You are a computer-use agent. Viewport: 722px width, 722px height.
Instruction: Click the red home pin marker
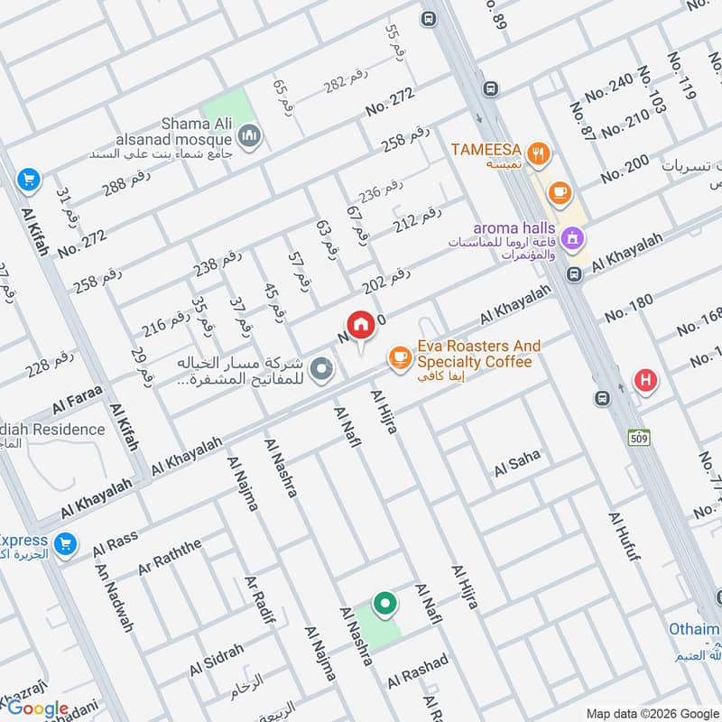[x=360, y=326]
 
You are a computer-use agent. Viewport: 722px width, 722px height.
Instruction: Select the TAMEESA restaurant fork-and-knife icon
[x=539, y=154]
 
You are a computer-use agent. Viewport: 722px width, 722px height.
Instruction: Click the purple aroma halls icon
[x=570, y=239]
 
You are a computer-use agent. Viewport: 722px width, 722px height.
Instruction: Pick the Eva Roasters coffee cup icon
[x=398, y=358]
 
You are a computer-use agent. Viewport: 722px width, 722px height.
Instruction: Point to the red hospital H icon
[x=645, y=380]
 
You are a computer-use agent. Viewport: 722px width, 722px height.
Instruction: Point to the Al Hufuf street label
[x=624, y=537]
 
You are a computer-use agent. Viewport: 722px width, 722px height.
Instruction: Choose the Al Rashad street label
[x=418, y=671]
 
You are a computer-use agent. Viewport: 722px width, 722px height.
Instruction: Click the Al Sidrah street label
[x=217, y=662]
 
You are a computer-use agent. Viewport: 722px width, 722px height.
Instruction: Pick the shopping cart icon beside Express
[x=63, y=544]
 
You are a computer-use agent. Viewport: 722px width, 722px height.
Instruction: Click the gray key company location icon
[x=320, y=369]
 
